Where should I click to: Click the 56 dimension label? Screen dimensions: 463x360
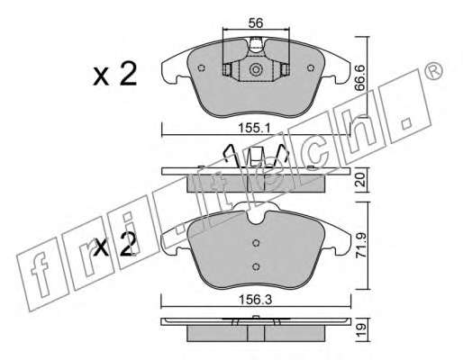(256, 22)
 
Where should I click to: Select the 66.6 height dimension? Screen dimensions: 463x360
(359, 78)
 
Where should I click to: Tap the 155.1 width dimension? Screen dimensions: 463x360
(254, 129)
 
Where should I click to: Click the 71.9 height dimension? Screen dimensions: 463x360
(360, 245)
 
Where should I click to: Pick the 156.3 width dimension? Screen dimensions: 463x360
(255, 300)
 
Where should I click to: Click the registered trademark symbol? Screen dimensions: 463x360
(434, 71)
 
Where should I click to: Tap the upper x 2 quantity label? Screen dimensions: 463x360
(115, 74)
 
